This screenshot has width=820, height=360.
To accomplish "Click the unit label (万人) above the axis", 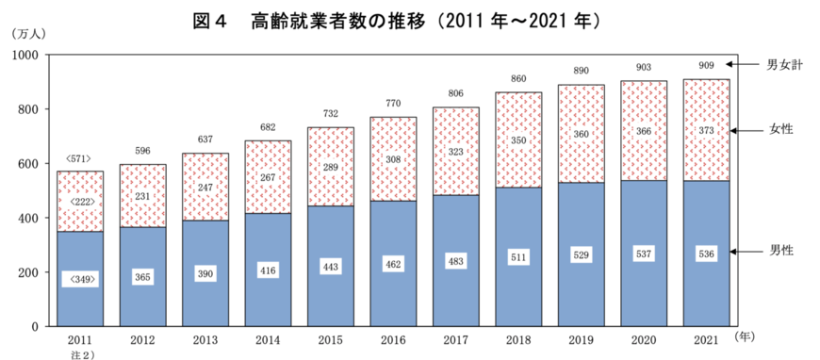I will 29,35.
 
